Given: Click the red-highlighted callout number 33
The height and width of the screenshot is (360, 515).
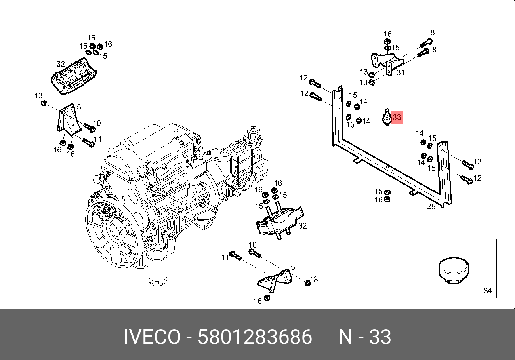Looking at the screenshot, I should coord(397,117).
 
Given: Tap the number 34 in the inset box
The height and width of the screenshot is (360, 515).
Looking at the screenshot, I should coord(488,291).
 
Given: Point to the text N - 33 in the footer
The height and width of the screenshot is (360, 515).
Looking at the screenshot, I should coord(364,337).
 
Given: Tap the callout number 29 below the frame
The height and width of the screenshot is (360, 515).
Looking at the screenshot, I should coord(431,206).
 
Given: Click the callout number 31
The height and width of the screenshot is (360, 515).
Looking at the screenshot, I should coord(401,72).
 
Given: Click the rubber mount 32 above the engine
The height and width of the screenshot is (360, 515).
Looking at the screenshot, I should coord(74,77).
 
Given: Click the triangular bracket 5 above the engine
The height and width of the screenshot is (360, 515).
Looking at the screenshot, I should coord(69,119).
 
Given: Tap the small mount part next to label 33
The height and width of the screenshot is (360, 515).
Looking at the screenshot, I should coord(387,118).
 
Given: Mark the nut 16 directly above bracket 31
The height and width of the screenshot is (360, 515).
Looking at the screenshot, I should coord(387,41).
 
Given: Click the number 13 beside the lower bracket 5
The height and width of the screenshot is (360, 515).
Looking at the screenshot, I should coord(314,280).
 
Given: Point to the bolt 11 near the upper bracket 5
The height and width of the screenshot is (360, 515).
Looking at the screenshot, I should coord(88,142).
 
